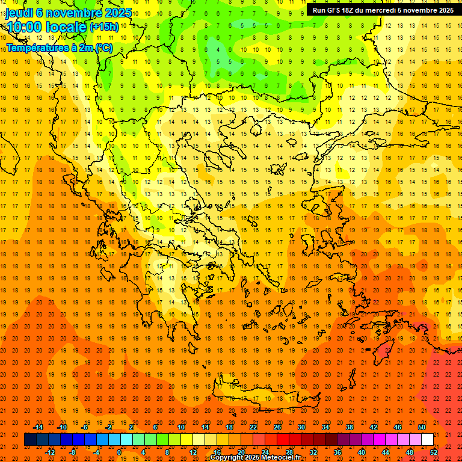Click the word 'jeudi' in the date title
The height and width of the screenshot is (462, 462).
[x=19, y=11]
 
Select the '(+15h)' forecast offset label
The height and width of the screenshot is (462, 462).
[x=104, y=27]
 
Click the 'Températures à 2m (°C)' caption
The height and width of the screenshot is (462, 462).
[x=60, y=48]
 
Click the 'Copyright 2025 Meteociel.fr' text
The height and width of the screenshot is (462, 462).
[x=255, y=458]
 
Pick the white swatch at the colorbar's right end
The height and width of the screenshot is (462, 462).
[x=427, y=439]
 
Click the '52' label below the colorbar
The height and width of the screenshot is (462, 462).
[x=434, y=452]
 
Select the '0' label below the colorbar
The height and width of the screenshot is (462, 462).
[x=119, y=452]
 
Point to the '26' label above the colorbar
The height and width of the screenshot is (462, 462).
[x=277, y=427]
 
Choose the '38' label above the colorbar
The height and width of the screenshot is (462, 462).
[x=350, y=427]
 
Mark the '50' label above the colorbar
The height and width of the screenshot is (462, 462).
[x=422, y=427]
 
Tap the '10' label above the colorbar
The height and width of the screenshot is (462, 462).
[x=180, y=427]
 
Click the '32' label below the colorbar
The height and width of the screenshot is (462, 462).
[x=313, y=452]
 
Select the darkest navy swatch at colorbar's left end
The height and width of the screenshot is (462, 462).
[x=30, y=439]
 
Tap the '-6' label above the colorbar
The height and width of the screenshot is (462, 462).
[x=85, y=427]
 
